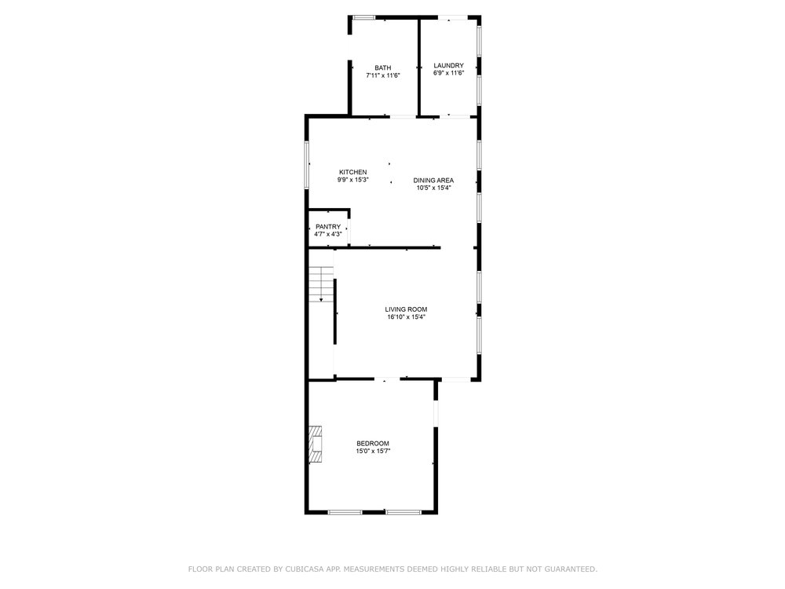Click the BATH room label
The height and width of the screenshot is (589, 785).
pos(383,68)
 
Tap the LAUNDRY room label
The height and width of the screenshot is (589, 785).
pos(448,66)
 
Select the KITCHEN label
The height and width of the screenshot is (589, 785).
pos(353,172)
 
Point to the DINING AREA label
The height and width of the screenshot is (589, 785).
pos(433,181)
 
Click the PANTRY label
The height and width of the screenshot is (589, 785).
pos(328,227)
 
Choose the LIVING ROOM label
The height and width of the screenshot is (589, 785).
pos(406,309)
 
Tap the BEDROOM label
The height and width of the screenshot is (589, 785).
pos(373,444)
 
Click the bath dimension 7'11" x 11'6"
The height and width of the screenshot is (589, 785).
pos(383,75)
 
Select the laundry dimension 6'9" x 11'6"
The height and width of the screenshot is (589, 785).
pos(448,73)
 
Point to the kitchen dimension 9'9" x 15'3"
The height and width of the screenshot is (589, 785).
pos(353,180)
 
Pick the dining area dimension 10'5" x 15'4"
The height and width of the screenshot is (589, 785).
pos(433,188)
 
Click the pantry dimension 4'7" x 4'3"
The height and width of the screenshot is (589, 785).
pos(328,234)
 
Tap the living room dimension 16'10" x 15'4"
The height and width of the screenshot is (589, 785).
pos(406,317)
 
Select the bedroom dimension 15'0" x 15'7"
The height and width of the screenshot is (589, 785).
pos(373,452)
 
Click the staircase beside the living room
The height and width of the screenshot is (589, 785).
pos(321,284)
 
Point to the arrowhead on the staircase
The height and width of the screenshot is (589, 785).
pos(321,299)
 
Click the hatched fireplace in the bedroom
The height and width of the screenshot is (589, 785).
pos(315,444)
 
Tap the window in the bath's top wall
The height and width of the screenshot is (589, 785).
pos(364,18)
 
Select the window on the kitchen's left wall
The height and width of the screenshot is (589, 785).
pos(307,165)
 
